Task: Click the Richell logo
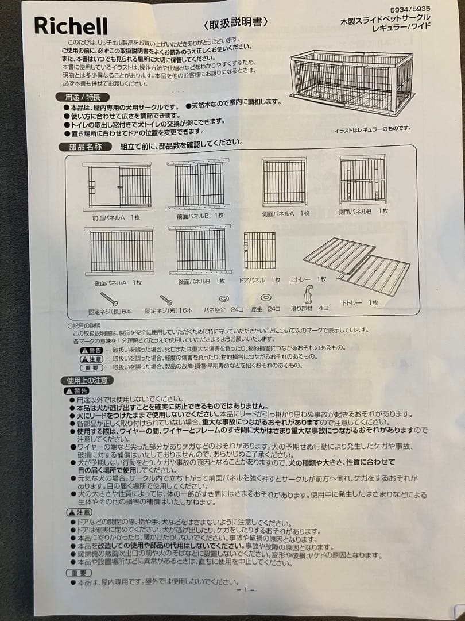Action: pos(71,26)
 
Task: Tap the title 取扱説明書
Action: pos(235,23)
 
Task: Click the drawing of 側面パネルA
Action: pos(284,182)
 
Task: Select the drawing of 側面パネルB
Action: pos(362,179)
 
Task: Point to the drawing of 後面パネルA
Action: pos(119,251)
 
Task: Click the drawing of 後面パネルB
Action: pos(200,250)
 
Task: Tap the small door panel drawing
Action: pos(259,251)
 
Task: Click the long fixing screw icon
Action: pos(109,299)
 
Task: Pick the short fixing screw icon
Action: pos(166,300)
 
